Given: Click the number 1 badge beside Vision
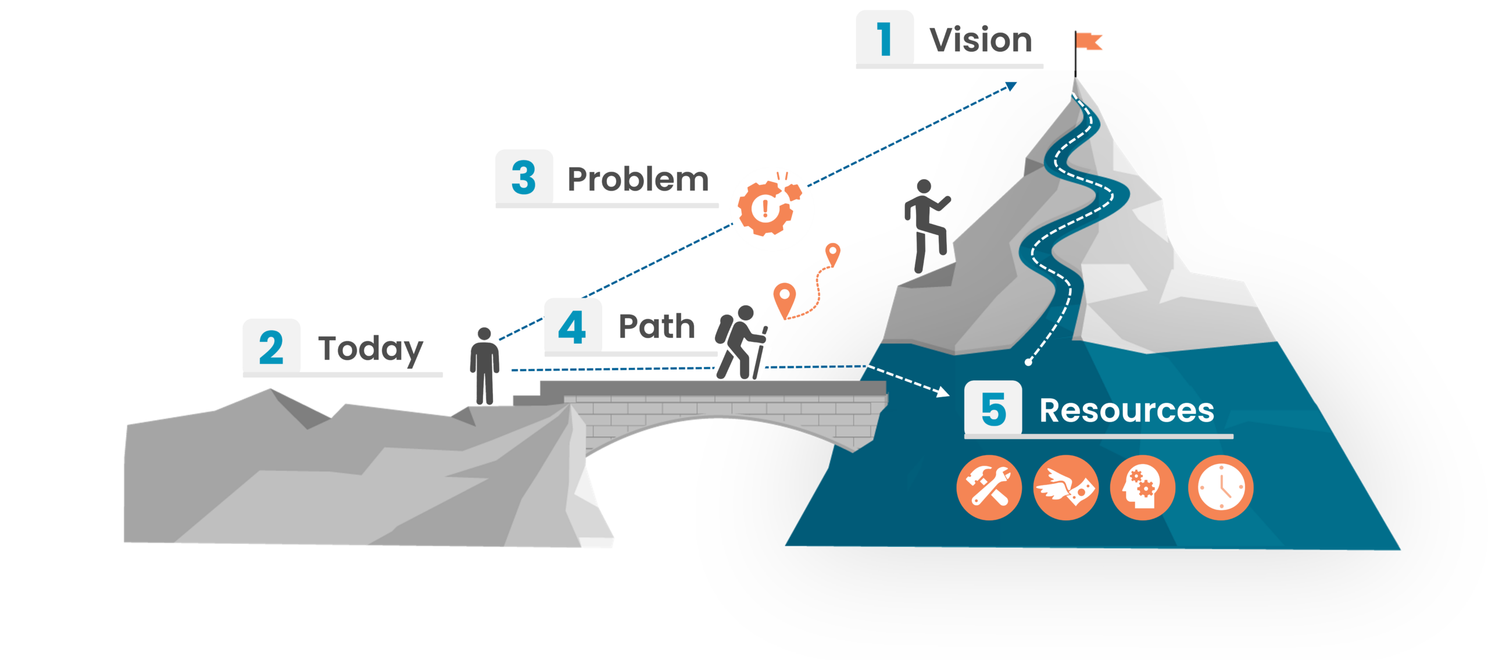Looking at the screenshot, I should click(885, 38).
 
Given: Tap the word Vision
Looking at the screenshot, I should click(981, 41).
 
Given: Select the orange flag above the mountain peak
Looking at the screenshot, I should click(1089, 41).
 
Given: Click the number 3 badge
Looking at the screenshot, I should click(524, 177).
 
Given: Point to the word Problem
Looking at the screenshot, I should click(638, 179).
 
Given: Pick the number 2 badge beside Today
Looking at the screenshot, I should click(271, 348).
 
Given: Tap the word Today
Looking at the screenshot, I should click(371, 349).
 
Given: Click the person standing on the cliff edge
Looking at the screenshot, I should click(484, 365).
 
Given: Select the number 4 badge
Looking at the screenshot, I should click(573, 327).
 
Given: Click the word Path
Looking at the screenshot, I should click(657, 327).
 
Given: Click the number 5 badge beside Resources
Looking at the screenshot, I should click(993, 408).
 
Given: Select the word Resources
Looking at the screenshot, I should click(1126, 411).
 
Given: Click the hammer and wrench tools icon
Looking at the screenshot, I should click(989, 487).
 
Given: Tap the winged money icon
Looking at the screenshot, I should click(1066, 487).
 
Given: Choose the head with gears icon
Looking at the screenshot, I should click(1143, 487).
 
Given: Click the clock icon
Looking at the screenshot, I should click(1221, 487).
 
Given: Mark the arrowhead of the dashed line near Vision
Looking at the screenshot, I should click(1012, 87).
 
